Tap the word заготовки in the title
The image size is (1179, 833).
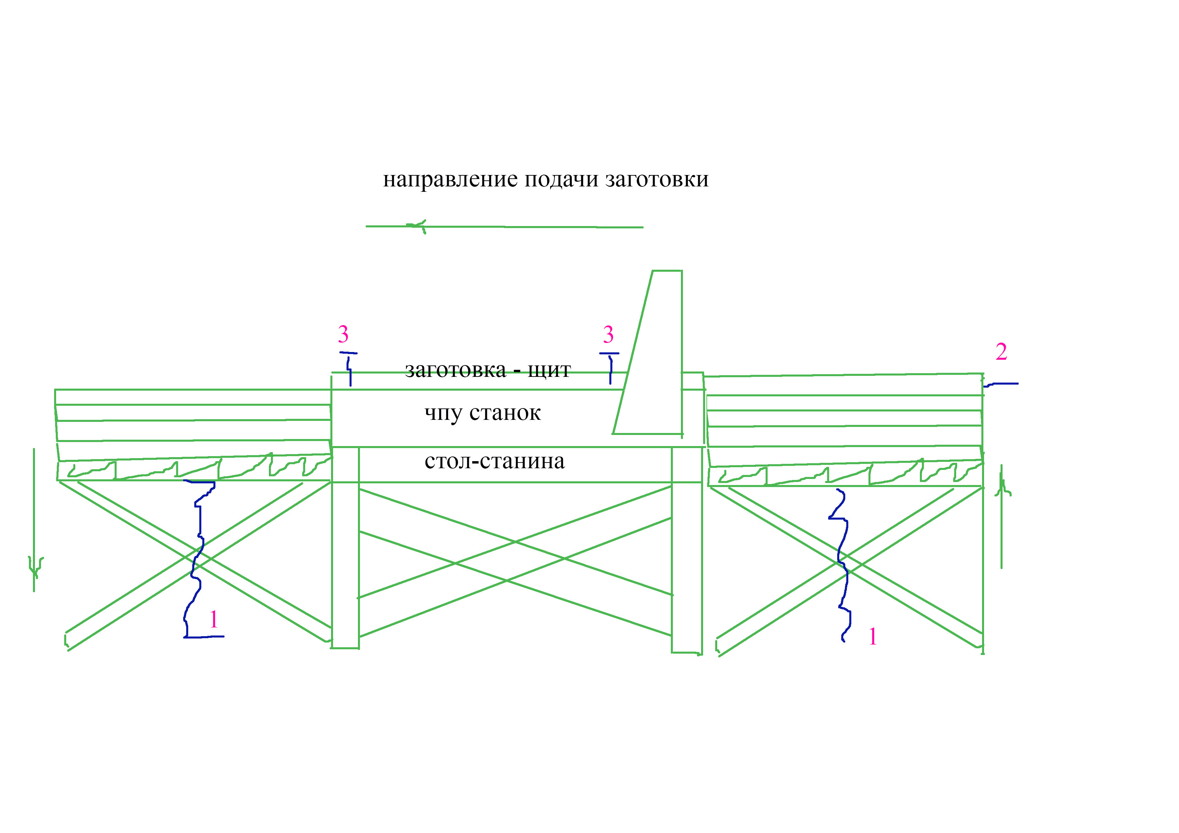657,180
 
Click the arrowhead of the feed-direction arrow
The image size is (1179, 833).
417,226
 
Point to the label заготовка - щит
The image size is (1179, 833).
488,369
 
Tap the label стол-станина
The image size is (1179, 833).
494,461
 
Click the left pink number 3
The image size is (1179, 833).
343,335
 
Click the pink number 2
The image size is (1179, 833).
1001,352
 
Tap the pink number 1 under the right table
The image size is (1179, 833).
873,637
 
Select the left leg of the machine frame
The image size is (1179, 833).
345,547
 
